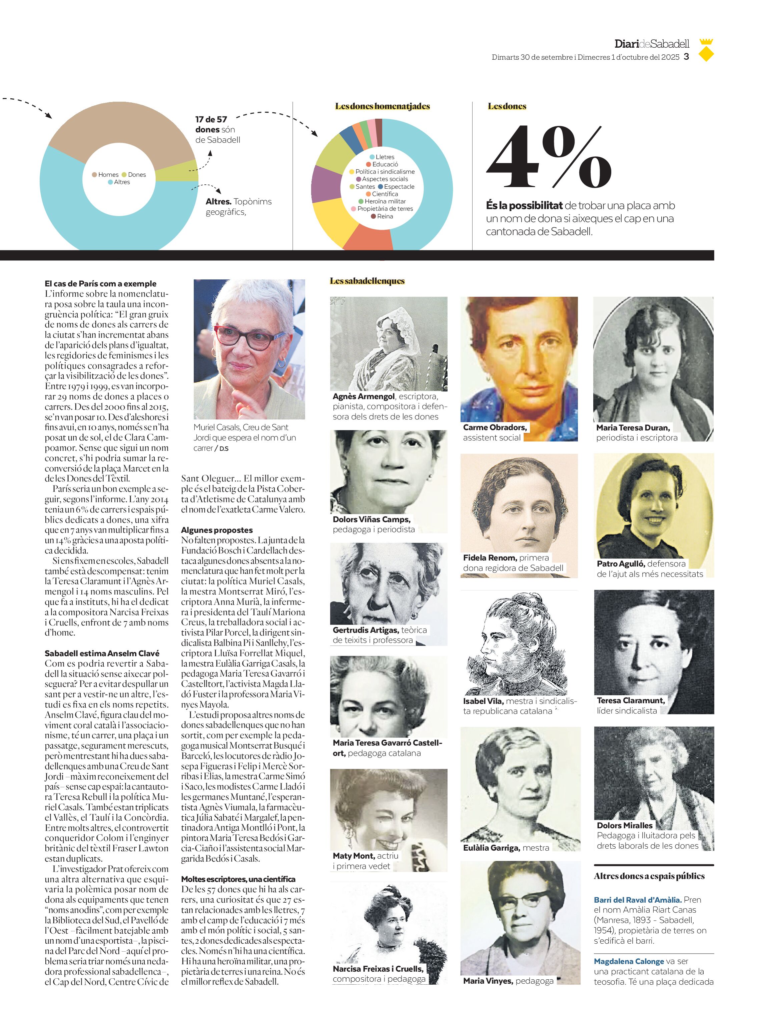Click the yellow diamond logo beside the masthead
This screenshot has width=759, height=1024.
point(706,54)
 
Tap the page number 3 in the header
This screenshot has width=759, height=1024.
point(686,57)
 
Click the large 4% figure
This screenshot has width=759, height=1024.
point(549,158)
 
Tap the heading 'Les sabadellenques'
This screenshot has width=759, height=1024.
point(367,281)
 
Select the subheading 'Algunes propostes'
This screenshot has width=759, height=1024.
point(217,530)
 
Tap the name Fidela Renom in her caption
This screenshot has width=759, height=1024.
point(490,558)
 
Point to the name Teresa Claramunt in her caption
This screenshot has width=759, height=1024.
point(630,701)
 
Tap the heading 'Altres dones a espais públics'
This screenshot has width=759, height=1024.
point(649,876)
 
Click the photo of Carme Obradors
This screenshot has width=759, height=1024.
point(519,358)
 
